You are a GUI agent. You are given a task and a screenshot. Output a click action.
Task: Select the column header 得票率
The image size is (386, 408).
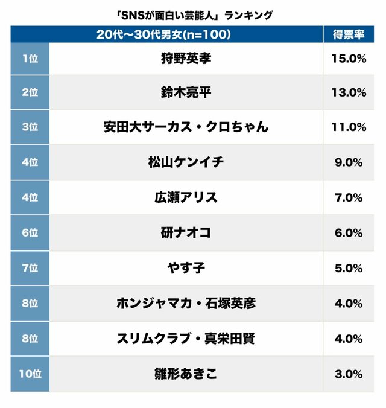pos(349,34)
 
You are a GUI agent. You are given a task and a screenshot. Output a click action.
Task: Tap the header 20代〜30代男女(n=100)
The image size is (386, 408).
pos(164,34)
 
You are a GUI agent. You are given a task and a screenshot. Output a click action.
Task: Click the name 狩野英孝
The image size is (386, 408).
pos(186,59)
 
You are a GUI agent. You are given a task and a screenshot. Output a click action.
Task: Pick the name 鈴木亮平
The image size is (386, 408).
pos(186,92)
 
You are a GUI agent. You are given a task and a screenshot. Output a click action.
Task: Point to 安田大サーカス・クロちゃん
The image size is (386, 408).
pos(186,127)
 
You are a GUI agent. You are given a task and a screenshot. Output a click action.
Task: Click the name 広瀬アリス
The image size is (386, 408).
pos(186,197)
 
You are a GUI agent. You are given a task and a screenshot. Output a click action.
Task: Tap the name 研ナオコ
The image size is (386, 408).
pos(186,232)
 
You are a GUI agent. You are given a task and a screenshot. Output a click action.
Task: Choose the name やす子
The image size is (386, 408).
pos(186,267)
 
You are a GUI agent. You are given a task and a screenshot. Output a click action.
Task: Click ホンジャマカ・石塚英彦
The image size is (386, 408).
pos(186,303)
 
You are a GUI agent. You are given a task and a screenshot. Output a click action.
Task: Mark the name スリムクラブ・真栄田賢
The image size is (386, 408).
pos(186,338)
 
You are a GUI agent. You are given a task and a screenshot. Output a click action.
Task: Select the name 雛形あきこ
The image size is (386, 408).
pos(186,374)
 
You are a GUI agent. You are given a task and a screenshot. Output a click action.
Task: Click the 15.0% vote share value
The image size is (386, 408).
pos(349,59)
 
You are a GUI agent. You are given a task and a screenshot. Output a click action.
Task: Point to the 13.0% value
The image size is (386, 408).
pos(349,92)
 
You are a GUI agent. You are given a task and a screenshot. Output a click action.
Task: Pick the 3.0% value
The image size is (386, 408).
pos(349,374)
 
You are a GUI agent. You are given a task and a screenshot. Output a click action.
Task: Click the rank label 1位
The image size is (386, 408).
pos(30,59)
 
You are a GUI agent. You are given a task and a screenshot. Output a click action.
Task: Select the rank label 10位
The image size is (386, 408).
pos(30,374)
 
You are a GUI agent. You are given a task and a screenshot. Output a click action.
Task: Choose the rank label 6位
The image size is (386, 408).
pos(30,232)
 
